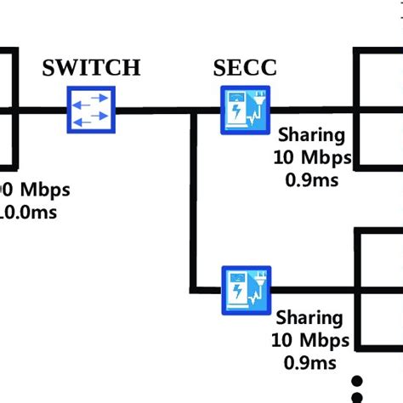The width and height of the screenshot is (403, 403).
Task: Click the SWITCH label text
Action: [x=91, y=68]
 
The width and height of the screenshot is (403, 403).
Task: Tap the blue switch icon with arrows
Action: [x=91, y=111]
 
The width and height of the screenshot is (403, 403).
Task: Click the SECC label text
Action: [x=245, y=68]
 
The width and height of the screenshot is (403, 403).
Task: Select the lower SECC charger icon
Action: [x=246, y=290]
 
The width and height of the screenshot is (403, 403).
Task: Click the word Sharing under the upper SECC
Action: [x=312, y=135]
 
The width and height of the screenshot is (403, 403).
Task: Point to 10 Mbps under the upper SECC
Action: [x=311, y=157]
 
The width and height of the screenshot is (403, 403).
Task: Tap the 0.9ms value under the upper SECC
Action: [x=311, y=179]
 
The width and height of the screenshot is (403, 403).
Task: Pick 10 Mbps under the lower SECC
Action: [x=311, y=341]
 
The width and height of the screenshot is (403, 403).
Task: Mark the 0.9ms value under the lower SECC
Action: [x=311, y=363]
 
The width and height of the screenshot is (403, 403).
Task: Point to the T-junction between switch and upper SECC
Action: [x=193, y=111]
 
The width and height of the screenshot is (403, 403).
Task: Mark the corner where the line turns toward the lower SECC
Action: [x=193, y=290]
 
